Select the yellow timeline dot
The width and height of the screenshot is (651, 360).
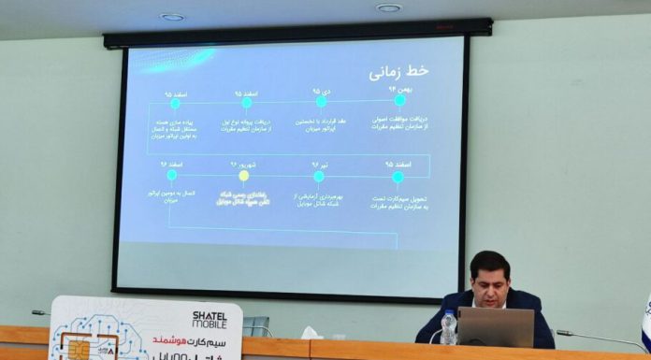click(244, 175)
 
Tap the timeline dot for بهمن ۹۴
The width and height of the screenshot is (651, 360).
click(400, 99)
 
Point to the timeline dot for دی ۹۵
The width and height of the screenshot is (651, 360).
click(321, 101)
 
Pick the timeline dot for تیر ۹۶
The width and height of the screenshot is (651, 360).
click(319, 176)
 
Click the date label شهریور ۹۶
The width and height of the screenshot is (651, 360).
click(244, 164)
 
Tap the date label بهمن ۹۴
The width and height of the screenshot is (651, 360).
click(398, 88)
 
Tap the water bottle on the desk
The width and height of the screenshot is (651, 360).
click(449, 327)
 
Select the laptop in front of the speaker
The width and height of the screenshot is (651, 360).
click(495, 327)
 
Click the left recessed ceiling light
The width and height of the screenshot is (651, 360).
click(172, 16)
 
